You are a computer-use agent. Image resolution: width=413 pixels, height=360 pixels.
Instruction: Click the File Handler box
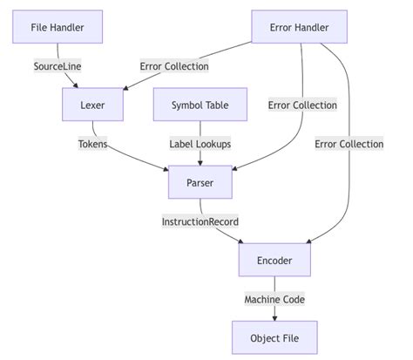58,28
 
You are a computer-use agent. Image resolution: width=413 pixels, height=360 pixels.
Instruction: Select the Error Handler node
299,28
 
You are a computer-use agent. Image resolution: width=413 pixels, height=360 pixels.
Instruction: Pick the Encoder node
274,260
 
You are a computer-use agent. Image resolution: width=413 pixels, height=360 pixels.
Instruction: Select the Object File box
274,337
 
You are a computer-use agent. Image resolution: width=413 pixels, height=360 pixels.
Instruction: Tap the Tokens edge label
92,144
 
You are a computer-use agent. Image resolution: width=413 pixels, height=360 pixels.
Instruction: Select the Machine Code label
274,299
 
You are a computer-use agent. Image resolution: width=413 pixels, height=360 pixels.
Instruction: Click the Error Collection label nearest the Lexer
173,66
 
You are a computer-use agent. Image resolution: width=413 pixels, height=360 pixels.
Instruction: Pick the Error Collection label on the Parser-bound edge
302,105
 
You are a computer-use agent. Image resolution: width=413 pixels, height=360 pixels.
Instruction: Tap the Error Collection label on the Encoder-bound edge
349,144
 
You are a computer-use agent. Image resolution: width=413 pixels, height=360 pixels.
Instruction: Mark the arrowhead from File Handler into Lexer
79,86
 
